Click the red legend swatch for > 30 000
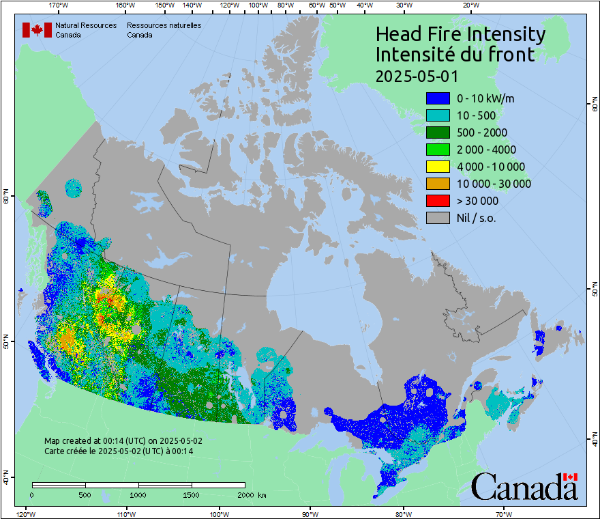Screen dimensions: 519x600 pos(437,201)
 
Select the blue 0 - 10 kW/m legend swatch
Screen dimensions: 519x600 pos(437,98)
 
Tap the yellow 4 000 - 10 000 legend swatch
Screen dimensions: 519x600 pos(437,167)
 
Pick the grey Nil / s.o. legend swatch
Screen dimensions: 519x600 pos(437,218)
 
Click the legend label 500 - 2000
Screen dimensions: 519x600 pos(482,132)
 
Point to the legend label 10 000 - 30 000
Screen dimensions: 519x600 pos(494,184)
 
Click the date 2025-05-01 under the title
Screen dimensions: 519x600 pos(417,76)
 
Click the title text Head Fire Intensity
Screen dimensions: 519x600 pos(460,34)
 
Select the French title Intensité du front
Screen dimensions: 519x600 pos(455,55)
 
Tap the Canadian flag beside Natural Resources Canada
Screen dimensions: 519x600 pos(37,30)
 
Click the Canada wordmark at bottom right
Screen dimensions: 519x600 pos(524,487)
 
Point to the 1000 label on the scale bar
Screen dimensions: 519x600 pos(138,494)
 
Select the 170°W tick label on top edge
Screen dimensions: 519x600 pos(59,5)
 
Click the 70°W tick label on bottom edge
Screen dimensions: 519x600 pos(504,514)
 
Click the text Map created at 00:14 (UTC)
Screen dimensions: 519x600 pos(123,441)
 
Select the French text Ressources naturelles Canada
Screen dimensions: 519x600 pos(164,30)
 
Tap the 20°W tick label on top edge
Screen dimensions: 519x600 pos(470,5)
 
